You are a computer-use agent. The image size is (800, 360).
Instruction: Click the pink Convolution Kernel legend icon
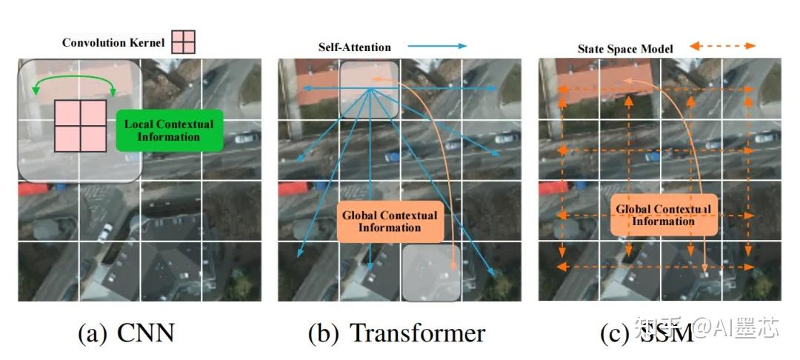pos(184,41)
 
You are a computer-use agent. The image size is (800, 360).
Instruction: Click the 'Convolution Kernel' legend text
pos(113,42)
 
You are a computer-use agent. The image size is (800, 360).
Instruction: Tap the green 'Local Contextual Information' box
pos(168,130)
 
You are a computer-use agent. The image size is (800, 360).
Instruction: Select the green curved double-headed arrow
pos(73,77)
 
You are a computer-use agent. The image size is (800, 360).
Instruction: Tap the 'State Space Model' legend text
pos(625,49)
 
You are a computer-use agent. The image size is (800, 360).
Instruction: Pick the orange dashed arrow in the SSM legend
pos(722,47)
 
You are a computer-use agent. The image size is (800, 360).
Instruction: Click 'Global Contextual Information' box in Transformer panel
pos(389,221)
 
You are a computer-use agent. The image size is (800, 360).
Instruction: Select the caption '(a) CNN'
pos(127,333)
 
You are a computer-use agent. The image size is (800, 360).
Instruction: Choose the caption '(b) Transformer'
pos(396,333)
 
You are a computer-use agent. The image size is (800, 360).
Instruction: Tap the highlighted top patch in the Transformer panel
pos(369,90)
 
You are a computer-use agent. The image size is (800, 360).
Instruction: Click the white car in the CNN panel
pos(105,230)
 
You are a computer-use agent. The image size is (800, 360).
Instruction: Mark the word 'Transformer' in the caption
pos(417,333)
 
